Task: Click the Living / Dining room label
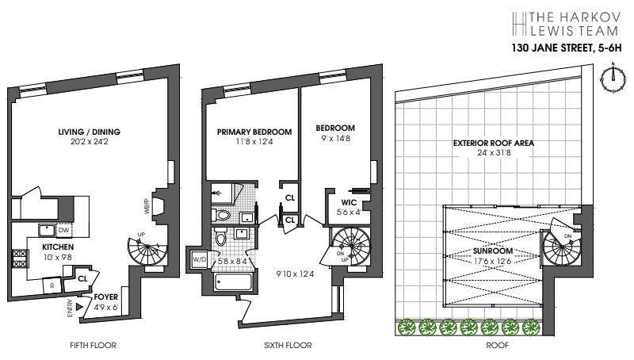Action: [x=94, y=132]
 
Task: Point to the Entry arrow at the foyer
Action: [x=78, y=304]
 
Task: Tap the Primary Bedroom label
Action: [x=254, y=131]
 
